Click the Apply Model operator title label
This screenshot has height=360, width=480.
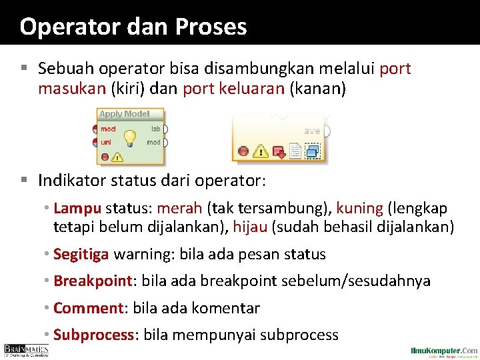coord(124,114)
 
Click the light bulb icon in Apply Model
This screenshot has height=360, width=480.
coord(130,137)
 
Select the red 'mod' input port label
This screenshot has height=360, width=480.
coord(108,129)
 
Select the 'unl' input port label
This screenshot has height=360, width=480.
coord(106,142)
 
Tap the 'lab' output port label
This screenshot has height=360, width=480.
coord(155,129)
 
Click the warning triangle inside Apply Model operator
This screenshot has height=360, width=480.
coord(118,157)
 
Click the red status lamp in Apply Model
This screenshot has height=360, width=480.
coord(105,157)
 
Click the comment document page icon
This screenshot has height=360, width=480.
coord(296,152)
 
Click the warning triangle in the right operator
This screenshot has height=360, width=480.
coord(261,152)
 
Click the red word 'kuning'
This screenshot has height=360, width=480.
coord(359,209)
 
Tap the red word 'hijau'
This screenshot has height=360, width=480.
coord(250,227)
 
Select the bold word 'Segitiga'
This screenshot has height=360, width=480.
coord(81,254)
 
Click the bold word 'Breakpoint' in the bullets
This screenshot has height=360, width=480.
coord(93,281)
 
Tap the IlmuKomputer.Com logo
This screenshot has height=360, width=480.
coord(444,351)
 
